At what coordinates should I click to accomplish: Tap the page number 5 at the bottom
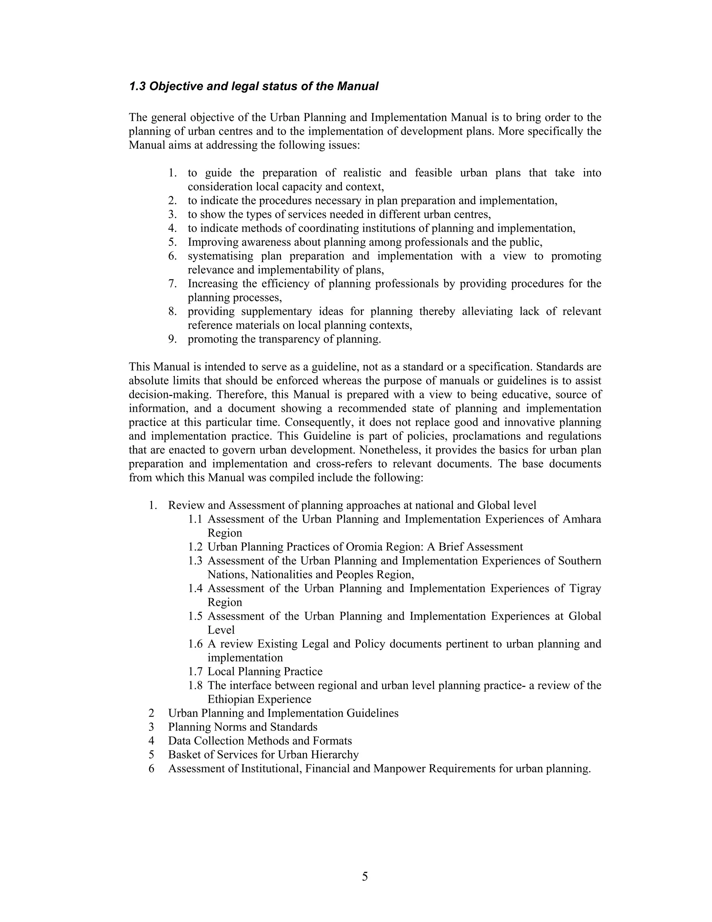tap(365, 876)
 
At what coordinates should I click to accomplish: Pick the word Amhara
tap(582, 519)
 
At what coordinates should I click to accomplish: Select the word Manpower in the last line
tap(399, 769)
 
